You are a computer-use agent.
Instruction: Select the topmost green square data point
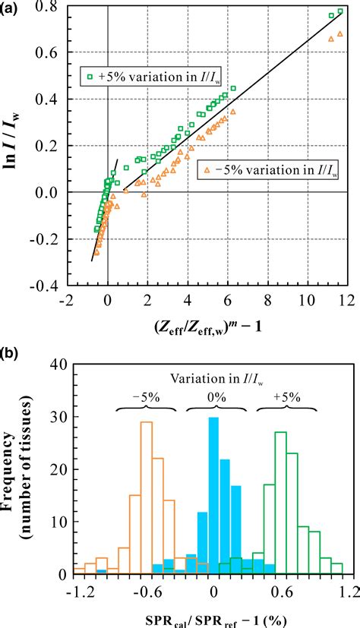339,12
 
